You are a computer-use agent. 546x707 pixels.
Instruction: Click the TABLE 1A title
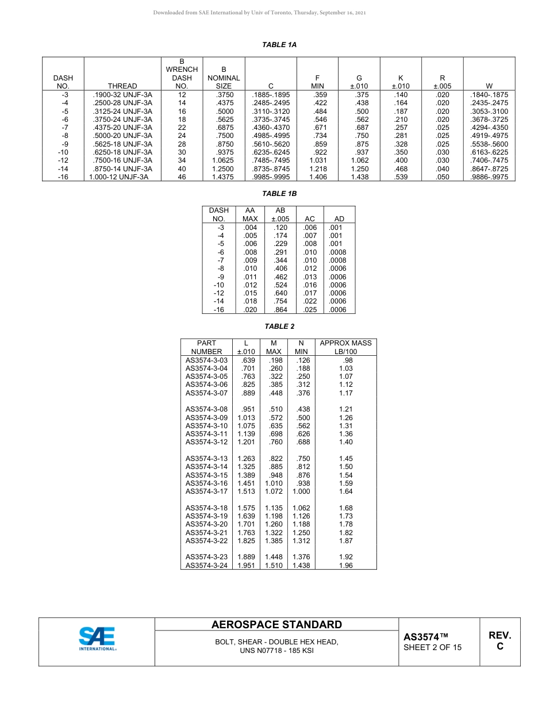pyautogui.click(x=279, y=45)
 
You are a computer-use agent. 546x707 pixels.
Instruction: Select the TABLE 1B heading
pyautogui.click(x=279, y=194)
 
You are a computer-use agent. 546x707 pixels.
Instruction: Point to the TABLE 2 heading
pyautogui.click(x=279, y=326)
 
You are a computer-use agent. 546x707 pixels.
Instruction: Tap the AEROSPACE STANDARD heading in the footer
pyautogui.click(x=276, y=625)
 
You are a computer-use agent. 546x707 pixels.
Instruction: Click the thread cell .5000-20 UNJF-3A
pyautogui.click(x=122, y=136)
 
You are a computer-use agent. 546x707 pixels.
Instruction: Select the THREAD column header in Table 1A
pyautogui.click(x=122, y=86)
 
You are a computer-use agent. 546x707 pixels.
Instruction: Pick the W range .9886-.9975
pyautogui.click(x=489, y=177)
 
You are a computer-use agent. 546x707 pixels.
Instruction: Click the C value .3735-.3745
pyautogui.click(x=271, y=120)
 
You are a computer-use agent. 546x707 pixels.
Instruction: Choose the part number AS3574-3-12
pyautogui.click(x=206, y=442)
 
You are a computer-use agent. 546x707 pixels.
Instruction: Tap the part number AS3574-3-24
pyautogui.click(x=206, y=566)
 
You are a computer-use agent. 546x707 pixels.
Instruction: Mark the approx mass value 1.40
pyautogui.click(x=346, y=442)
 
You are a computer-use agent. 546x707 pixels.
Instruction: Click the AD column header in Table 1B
pyautogui.click(x=339, y=219)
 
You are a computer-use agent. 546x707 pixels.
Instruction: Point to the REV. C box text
pyautogui.click(x=499, y=640)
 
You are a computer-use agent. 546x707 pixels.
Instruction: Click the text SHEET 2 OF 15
pyautogui.click(x=432, y=647)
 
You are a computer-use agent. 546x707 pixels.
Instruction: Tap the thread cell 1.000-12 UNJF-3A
pyautogui.click(x=119, y=177)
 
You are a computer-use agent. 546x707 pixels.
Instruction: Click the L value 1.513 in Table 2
pyautogui.click(x=246, y=491)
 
